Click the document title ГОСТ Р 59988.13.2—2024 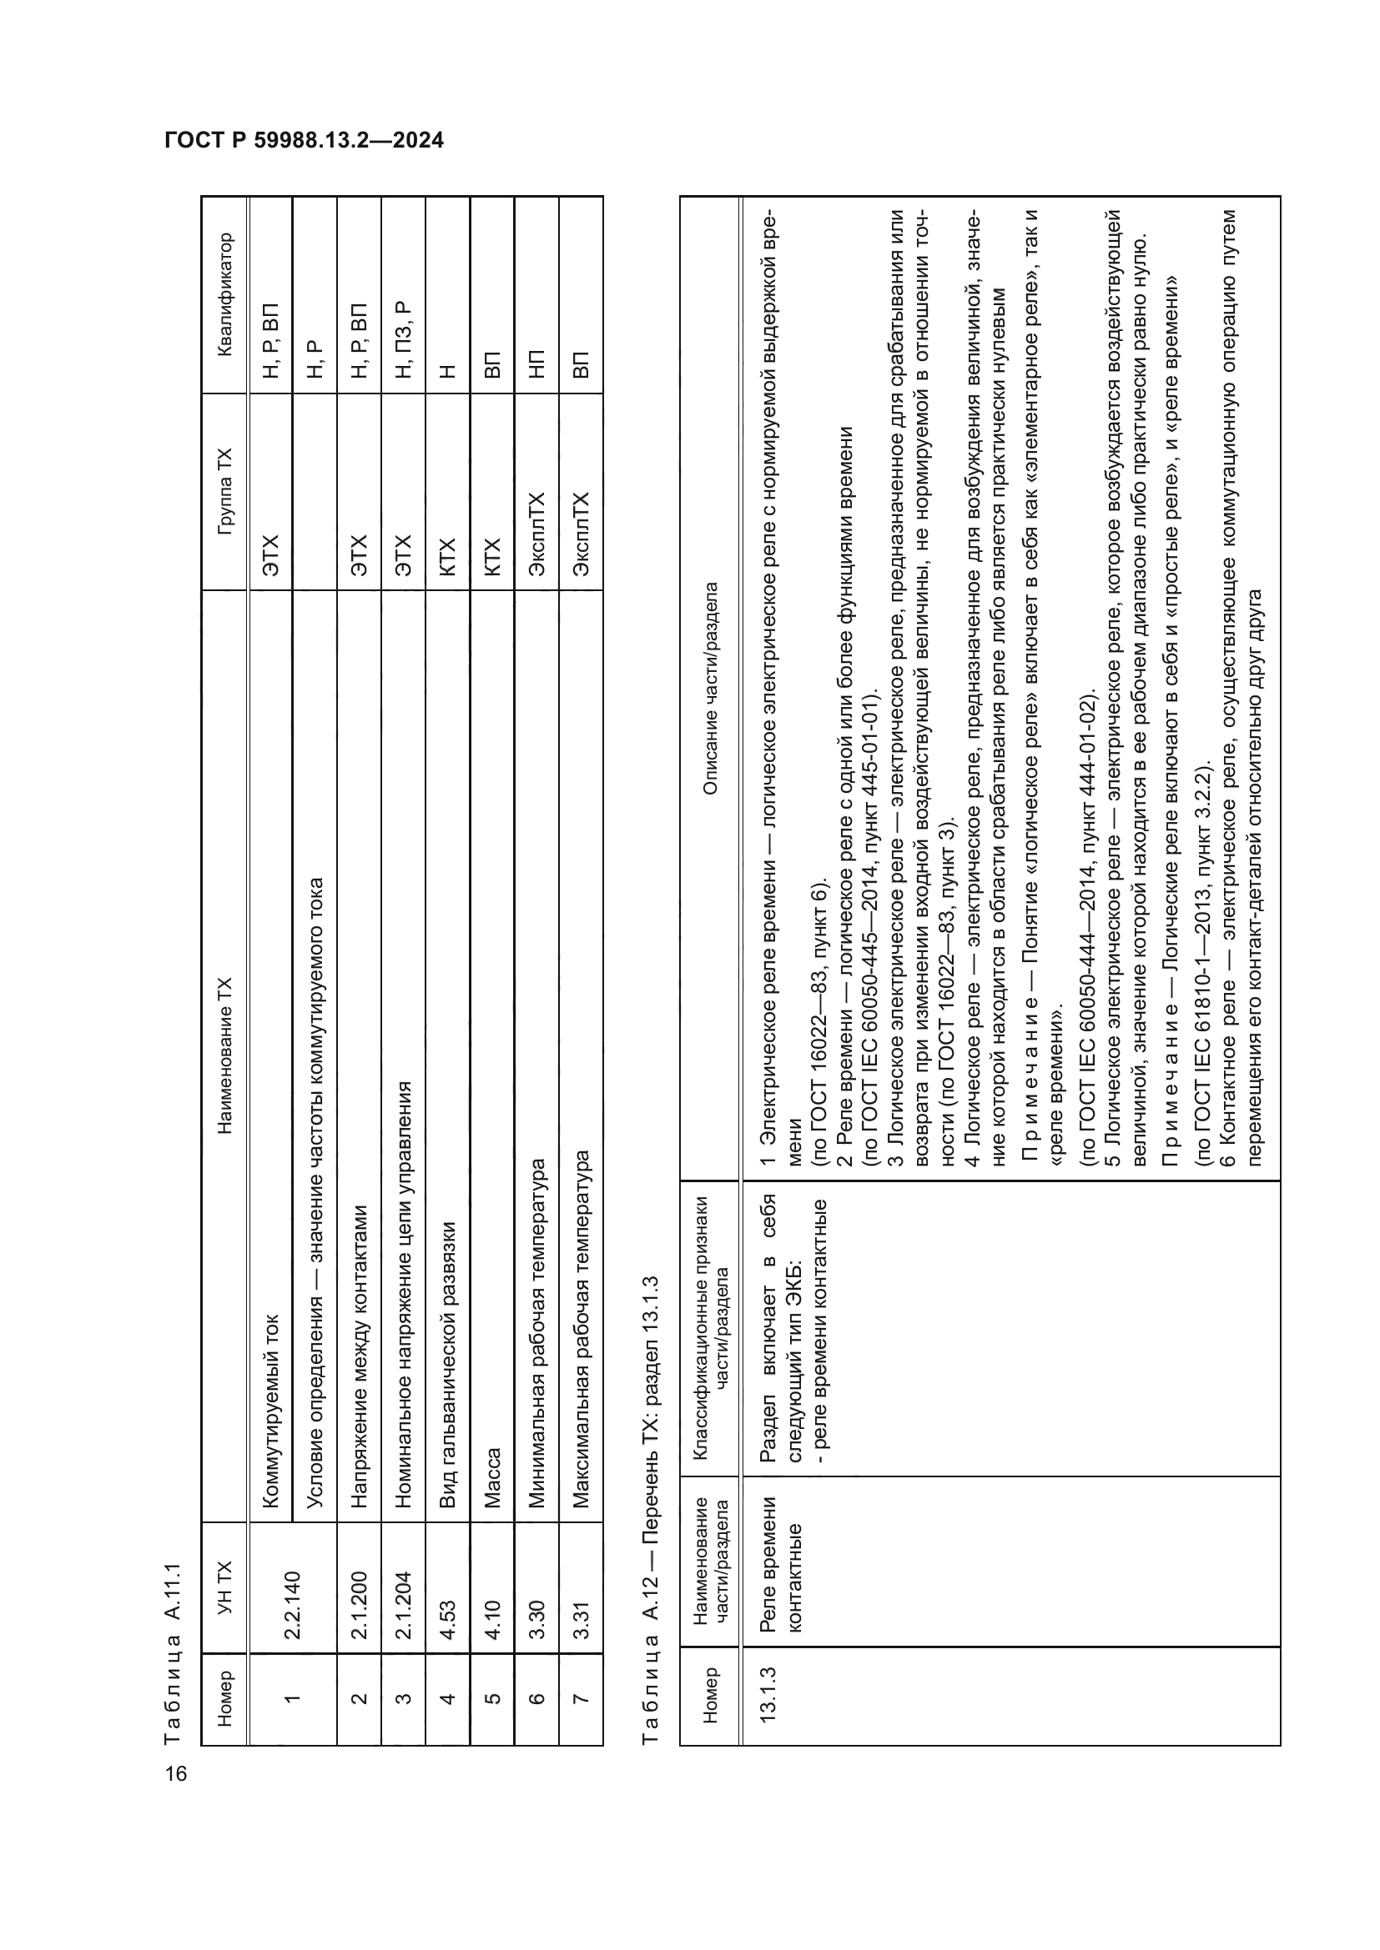[304, 140]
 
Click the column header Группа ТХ [224, 491]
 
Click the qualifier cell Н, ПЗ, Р [404, 339]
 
